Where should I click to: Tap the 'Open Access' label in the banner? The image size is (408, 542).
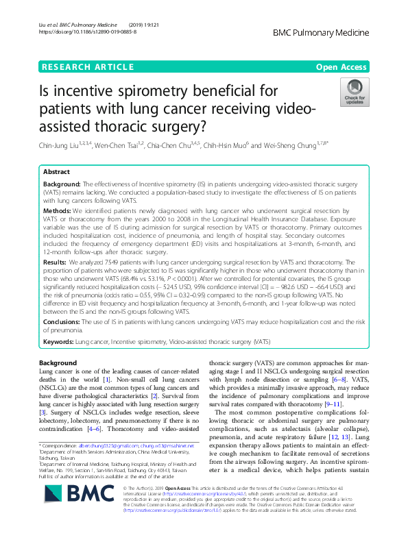[x=341, y=66]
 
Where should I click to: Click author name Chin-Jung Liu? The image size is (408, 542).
[x=57, y=145]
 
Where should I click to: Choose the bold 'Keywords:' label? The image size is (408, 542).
[x=59, y=341]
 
